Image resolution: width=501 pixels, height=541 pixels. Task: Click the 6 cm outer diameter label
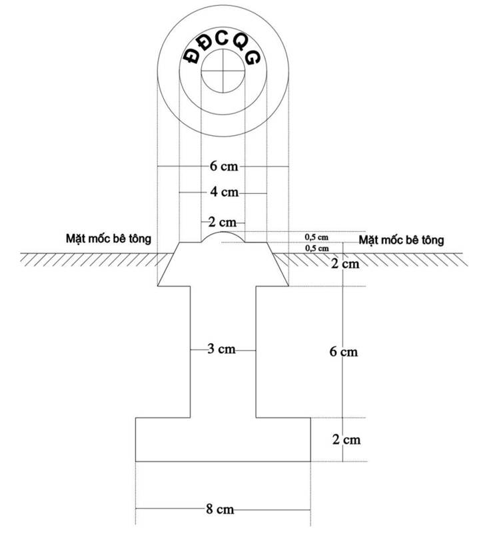[224, 167]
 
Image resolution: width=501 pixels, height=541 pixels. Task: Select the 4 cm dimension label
[225, 192]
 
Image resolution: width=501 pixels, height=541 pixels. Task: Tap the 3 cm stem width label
[221, 349]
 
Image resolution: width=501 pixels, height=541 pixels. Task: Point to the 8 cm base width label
[220, 509]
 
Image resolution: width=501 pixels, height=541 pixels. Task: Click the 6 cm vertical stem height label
[344, 352]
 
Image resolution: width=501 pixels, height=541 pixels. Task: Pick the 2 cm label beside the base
[346, 440]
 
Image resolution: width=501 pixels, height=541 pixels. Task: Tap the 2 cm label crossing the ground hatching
[345, 264]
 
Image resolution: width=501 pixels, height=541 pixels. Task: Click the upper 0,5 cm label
[316, 237]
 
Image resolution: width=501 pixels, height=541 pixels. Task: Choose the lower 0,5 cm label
[317, 248]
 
